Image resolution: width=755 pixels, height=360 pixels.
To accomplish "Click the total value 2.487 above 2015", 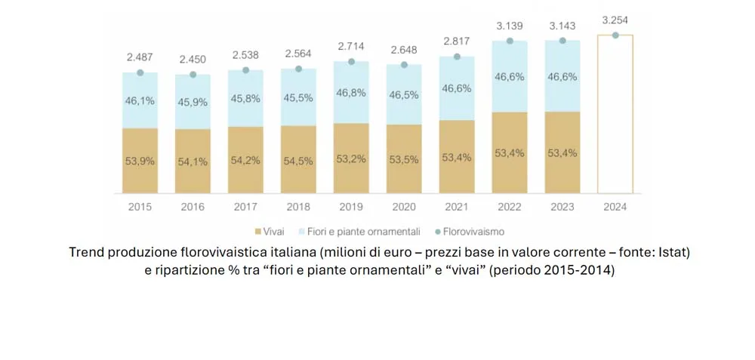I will [140, 58].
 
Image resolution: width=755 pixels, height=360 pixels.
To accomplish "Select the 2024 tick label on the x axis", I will [615, 205].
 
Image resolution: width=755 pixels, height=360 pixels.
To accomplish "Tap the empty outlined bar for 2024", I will [615, 113].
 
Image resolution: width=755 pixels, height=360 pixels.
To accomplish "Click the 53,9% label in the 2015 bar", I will [140, 161].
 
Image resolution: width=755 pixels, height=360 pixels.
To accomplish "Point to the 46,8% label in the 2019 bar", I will [351, 92].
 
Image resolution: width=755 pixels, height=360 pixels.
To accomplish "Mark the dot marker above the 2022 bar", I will [510, 41].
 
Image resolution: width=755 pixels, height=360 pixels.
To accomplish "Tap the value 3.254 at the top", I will [615, 20].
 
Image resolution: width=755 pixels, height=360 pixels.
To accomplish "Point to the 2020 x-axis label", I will [404, 205].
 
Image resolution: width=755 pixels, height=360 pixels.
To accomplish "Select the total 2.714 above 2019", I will [351, 47].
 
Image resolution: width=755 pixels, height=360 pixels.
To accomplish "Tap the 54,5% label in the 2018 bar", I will [298, 161].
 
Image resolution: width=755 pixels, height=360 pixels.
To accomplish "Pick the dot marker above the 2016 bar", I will [193, 75].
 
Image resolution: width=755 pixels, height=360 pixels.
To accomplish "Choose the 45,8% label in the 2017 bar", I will [245, 98].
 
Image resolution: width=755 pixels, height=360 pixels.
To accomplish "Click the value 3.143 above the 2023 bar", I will [562, 26].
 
